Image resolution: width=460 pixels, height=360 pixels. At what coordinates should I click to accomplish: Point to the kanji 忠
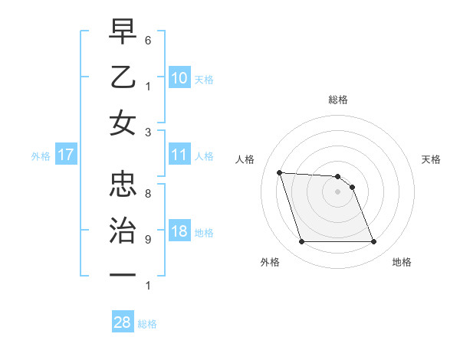tap(123, 184)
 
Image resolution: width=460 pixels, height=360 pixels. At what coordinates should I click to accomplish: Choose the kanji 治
tap(123, 229)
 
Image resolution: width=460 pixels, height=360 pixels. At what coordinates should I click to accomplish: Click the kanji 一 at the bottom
tap(123, 274)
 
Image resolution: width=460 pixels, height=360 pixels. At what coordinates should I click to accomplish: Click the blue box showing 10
tap(179, 77)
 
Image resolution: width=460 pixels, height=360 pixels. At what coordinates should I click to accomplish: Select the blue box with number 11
tap(179, 155)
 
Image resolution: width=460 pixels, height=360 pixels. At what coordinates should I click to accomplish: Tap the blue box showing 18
tap(179, 232)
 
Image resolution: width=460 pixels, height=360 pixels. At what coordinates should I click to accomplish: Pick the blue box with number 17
tap(65, 155)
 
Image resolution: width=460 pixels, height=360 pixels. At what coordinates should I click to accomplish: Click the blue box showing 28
tap(122, 322)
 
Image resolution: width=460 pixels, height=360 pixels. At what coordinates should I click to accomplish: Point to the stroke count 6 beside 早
tap(148, 39)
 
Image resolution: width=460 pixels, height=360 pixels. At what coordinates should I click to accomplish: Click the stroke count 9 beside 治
tap(148, 239)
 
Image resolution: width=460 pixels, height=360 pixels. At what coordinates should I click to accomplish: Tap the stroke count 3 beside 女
tap(148, 132)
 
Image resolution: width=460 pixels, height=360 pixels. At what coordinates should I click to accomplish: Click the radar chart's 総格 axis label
tap(337, 100)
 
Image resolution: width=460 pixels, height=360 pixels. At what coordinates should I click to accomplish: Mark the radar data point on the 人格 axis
tap(279, 172)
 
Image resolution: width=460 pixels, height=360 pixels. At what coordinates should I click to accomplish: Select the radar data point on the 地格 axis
tap(373, 242)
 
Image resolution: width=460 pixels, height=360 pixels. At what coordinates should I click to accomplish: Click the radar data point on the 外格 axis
tap(301, 242)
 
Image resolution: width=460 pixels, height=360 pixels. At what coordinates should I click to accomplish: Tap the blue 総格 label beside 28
tap(147, 324)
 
